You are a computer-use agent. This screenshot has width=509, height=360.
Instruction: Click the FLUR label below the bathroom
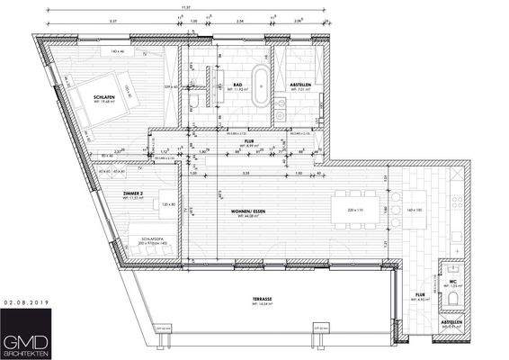click(x=249, y=142)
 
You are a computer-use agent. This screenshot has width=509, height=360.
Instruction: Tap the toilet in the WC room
click(x=455, y=294)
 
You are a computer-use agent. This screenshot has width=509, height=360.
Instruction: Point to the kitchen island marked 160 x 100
click(x=414, y=209)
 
